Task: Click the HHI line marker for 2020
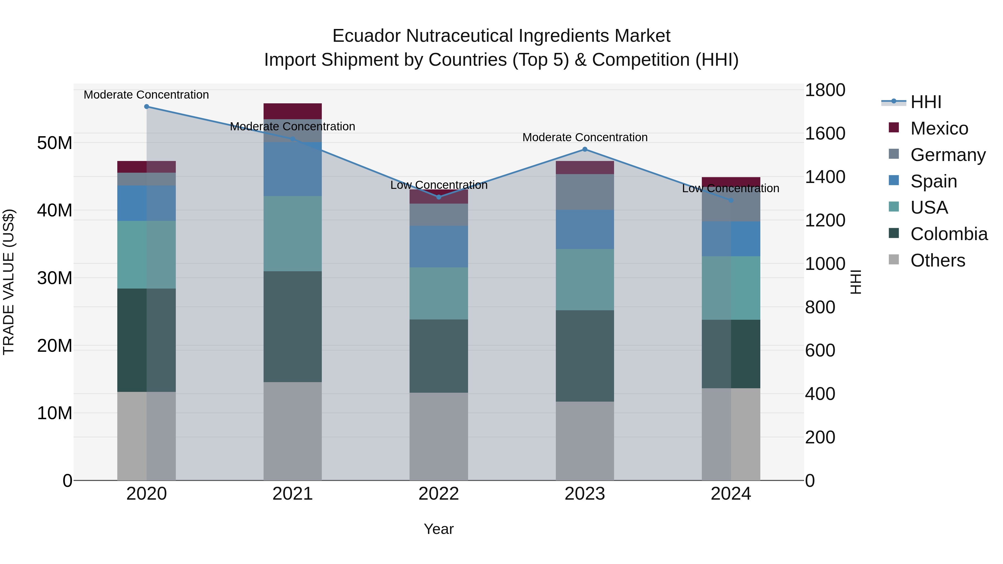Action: pos(146,107)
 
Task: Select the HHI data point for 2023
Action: pos(585,150)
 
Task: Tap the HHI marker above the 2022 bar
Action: pos(439,197)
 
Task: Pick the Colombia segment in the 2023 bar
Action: pos(585,355)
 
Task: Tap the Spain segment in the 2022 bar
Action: pos(439,246)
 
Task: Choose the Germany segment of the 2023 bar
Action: pos(585,192)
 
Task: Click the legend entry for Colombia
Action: pos(948,234)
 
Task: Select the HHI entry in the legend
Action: pos(926,102)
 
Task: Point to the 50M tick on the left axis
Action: pos(55,143)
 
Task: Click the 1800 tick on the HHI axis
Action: pos(825,90)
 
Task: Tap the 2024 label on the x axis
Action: pos(731,494)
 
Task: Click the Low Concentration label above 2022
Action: pos(439,185)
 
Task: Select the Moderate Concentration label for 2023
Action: pos(585,137)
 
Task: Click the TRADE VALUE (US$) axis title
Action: pos(9,282)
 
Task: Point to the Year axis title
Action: pos(439,529)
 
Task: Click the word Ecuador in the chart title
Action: pos(366,36)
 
